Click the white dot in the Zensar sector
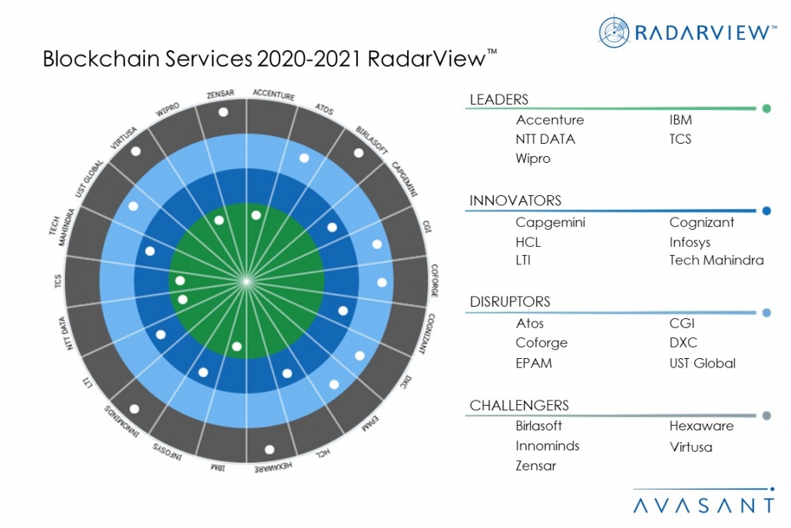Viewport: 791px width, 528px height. point(223,112)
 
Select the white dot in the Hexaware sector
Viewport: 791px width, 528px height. point(270,450)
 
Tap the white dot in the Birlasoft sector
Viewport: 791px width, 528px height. point(359,153)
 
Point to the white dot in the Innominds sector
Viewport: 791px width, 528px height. point(135,409)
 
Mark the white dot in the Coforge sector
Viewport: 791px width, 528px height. point(382,282)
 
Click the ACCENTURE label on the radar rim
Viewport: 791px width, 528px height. point(273,96)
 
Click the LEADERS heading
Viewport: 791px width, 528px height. point(498,99)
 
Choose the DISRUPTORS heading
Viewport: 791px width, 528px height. point(510,302)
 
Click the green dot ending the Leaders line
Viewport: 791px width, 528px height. point(766,109)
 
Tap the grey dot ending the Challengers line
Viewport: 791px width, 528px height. point(766,417)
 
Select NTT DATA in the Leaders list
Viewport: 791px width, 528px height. point(545,139)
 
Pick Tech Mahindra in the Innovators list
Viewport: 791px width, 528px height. point(716,260)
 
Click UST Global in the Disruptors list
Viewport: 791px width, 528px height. point(702,363)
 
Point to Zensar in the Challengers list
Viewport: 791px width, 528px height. point(536,466)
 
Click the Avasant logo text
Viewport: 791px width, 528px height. point(704,505)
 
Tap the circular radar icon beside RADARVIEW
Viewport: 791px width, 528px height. point(614,32)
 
